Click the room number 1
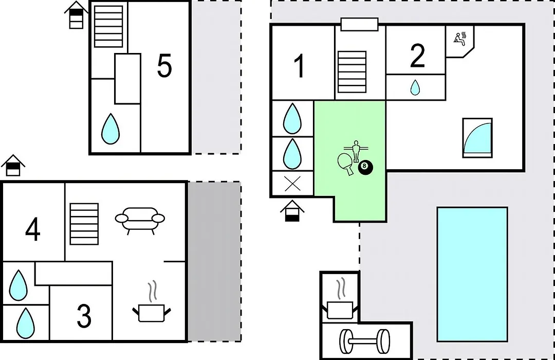pyautogui.click(x=300, y=66)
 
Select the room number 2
pyautogui.click(x=417, y=56)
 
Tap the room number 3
pyautogui.click(x=84, y=315)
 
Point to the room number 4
pyautogui.click(x=32, y=229)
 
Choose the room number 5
pyautogui.click(x=164, y=65)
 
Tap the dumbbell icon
pyautogui.click(x=364, y=341)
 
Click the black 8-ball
pyautogui.click(x=365, y=167)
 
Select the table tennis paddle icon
pyautogui.click(x=345, y=164)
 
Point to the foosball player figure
pyautogui.click(x=356, y=151)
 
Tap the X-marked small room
pyautogui.click(x=292, y=184)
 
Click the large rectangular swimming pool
pyautogui.click(x=472, y=275)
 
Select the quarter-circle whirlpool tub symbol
pyautogui.click(x=477, y=138)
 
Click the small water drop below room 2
pyautogui.click(x=415, y=87)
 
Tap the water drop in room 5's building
pyautogui.click(x=110, y=129)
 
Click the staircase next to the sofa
pyautogui.click(x=84, y=224)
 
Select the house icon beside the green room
pyautogui.click(x=292, y=211)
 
